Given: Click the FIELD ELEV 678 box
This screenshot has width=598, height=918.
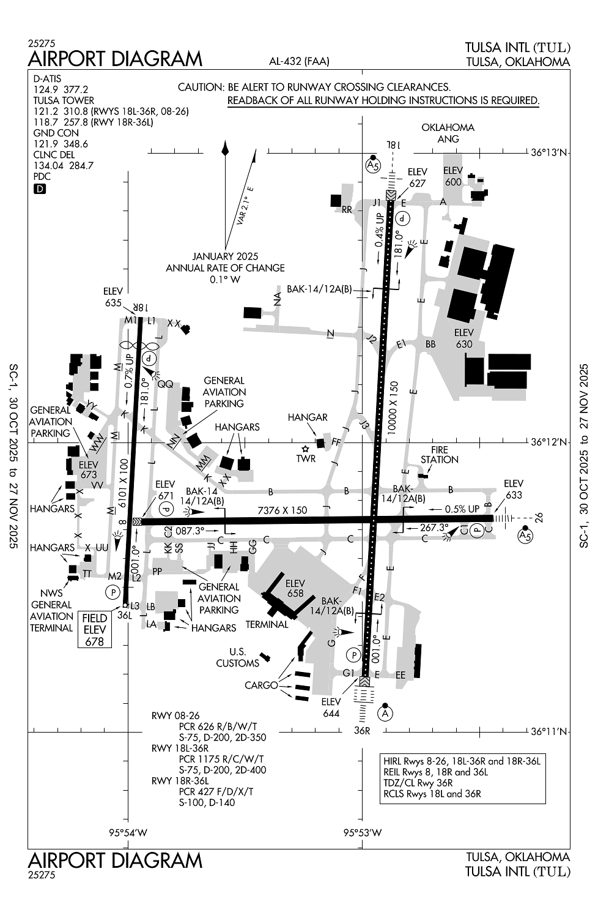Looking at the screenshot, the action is click(x=95, y=630).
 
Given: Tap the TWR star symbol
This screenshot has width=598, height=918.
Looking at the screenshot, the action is click(x=305, y=449).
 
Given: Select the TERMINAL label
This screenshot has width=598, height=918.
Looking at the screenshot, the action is click(x=267, y=624).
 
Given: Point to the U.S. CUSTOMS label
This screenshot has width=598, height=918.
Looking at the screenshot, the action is click(x=238, y=657).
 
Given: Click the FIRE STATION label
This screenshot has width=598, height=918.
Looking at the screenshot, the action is click(x=440, y=455).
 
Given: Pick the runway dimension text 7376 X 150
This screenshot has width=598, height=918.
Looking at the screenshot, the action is click(x=282, y=510).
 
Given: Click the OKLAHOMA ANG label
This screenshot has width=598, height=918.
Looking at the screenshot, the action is click(x=448, y=133).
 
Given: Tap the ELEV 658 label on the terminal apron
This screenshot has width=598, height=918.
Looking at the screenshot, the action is click(x=295, y=588).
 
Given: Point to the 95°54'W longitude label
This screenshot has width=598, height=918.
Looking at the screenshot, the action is click(x=128, y=832).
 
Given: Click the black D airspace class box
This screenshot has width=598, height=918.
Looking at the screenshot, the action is click(x=40, y=189).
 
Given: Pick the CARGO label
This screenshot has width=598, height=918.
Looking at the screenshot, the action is click(x=261, y=685).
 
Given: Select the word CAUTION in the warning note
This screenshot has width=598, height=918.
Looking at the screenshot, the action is click(x=201, y=87).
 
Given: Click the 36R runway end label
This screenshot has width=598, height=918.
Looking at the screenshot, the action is click(x=362, y=730).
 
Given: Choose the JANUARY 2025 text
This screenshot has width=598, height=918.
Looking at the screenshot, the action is click(x=225, y=256).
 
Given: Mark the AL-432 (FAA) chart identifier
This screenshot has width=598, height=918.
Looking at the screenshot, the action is click(x=299, y=61).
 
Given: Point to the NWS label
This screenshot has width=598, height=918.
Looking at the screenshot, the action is click(x=51, y=593).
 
